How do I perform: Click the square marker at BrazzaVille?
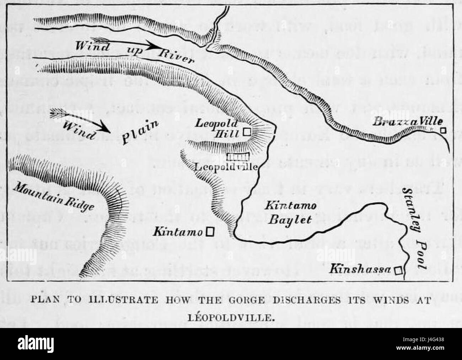click(442, 130)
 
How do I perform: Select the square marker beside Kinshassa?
click(399, 271)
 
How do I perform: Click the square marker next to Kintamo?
click(210, 232)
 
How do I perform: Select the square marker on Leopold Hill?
click(247, 132)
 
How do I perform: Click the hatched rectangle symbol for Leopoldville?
click(238, 157)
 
